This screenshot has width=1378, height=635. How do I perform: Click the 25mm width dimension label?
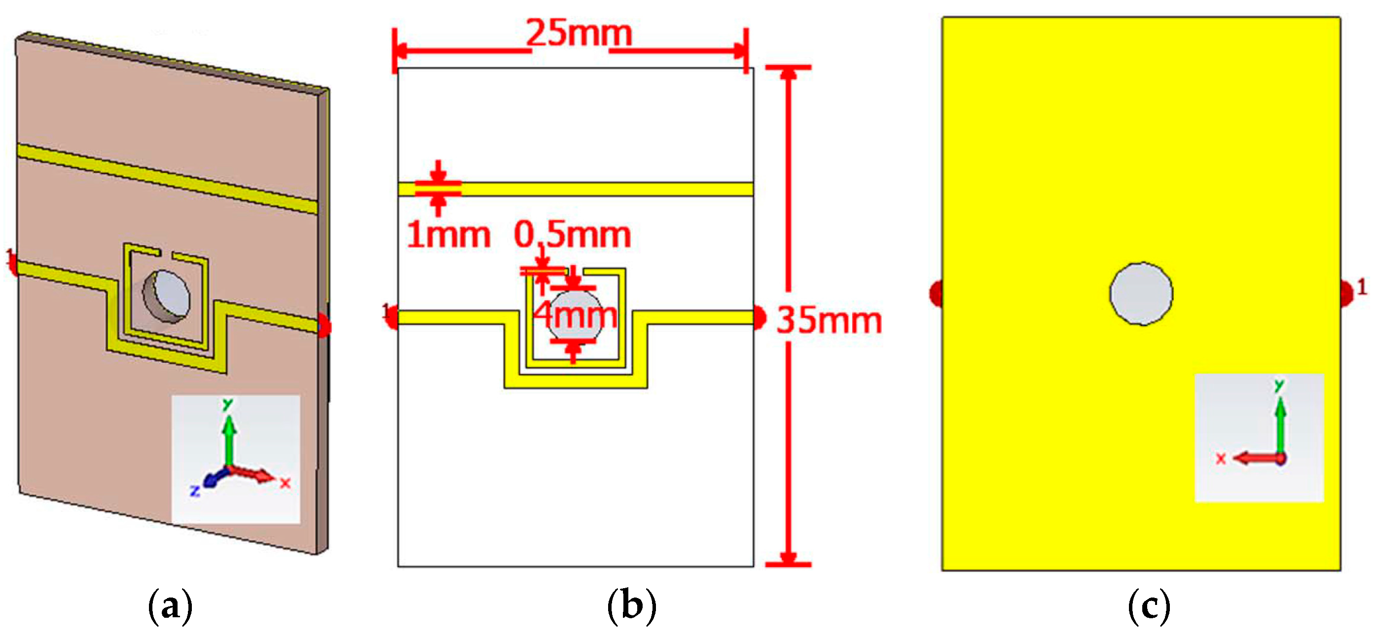coord(579,33)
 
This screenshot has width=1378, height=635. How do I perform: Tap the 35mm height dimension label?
coord(829,321)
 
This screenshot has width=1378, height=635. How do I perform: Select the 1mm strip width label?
coord(448,235)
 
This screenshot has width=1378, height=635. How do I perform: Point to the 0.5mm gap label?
coord(573,235)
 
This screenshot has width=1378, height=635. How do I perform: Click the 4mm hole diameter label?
coord(575,316)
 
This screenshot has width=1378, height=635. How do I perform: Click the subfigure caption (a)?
coord(170,606)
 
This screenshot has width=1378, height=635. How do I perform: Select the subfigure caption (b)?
coord(631,606)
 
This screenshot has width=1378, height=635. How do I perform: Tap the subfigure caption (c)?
coord(1149,606)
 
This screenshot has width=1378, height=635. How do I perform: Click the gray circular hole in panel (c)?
coord(1141,293)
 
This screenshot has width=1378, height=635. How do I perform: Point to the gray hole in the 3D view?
coord(167,296)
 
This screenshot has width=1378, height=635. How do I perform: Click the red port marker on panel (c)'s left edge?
coord(936,293)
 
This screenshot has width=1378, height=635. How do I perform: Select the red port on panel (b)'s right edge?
coord(759,317)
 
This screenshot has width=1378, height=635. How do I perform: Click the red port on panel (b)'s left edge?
coord(392,317)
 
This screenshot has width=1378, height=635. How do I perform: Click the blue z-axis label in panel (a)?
coord(195,490)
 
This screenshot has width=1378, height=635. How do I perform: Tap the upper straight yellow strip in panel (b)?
coord(588,189)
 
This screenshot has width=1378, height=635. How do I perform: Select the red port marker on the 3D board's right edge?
coord(324,325)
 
